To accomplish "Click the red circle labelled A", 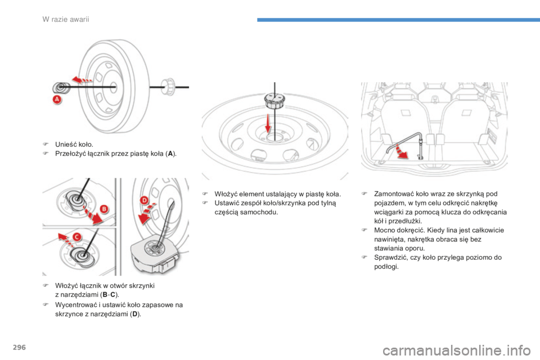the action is (57, 100).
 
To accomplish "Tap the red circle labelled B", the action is (103, 209).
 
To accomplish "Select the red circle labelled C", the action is (77, 237).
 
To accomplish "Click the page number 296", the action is (19, 347).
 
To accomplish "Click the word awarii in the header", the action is (79, 19).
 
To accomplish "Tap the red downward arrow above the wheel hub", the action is (268, 124).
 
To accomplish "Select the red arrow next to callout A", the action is (82, 80).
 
